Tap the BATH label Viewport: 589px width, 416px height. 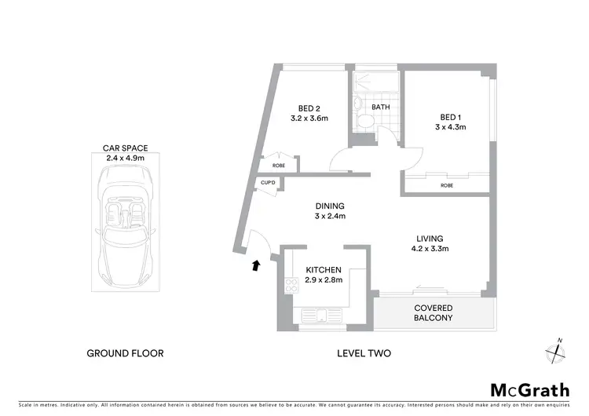(x=381, y=108)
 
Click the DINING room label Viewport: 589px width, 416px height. (x=331, y=206)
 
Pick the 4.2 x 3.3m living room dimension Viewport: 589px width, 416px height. (x=430, y=250)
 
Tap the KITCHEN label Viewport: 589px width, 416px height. (x=324, y=270)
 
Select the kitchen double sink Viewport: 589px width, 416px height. (x=323, y=317)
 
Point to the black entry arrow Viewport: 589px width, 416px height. (x=254, y=266)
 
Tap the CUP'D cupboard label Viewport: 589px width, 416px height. (x=268, y=183)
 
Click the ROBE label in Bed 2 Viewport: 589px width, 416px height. (x=280, y=166)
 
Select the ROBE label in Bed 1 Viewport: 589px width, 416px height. (x=447, y=185)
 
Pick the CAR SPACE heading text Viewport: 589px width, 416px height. (x=126, y=148)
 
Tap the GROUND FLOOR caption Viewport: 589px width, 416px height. (x=126, y=353)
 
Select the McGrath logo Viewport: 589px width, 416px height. (x=530, y=389)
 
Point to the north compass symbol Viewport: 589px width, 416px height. (x=558, y=351)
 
